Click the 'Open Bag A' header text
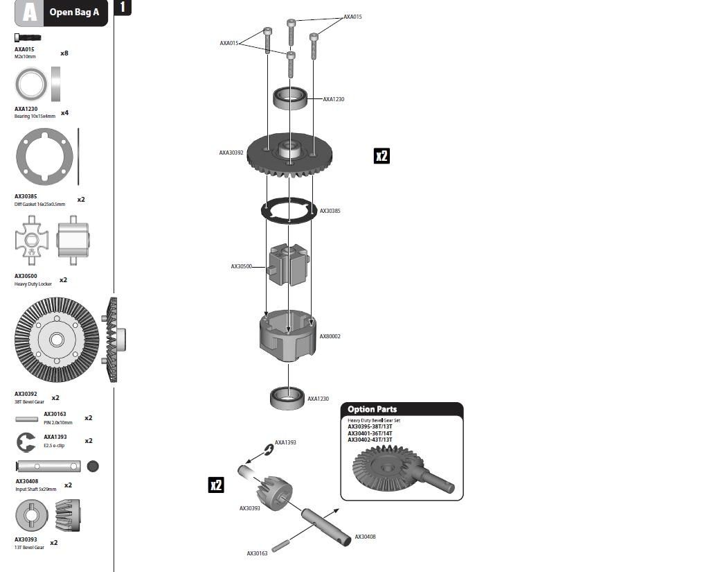74,12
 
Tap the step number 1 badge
123,7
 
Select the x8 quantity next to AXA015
64,53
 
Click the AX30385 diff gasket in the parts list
44,157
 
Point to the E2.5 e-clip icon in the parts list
26,442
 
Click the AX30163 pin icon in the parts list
27,419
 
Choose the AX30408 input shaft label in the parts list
27,481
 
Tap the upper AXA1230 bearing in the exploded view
290,98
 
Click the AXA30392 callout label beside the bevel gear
231,153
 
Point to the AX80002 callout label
330,336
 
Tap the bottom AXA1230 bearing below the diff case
287,398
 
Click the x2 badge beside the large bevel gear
382,156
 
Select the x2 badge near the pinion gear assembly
216,485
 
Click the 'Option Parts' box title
372,409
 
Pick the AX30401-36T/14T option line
370,433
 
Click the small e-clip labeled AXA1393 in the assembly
269,450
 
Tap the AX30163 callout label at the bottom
258,553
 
